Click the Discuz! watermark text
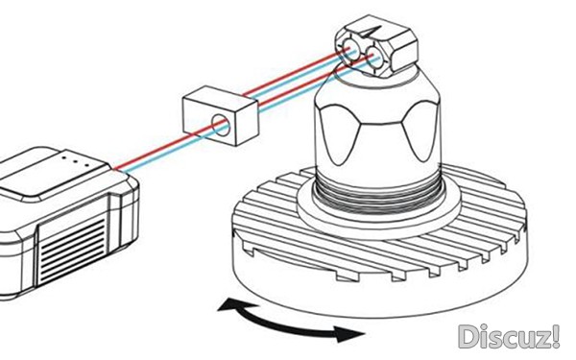(509, 337)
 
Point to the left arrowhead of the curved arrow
(230, 304)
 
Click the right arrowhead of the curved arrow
(349, 333)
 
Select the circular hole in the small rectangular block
(221, 125)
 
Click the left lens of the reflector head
(350, 49)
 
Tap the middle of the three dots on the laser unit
(75, 161)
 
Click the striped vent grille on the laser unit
(72, 250)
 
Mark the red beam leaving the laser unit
(154, 151)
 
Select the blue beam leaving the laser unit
(158, 154)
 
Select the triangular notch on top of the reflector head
(371, 33)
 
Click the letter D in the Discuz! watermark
(468, 337)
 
